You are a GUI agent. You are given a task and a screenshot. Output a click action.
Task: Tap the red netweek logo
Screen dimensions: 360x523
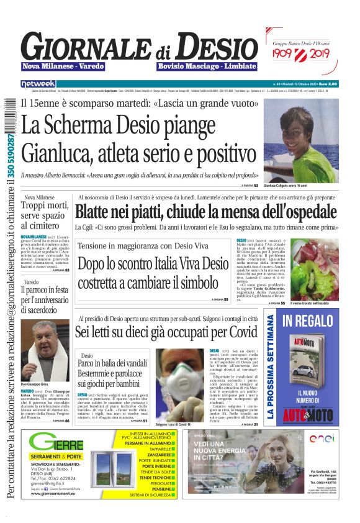coord(38,83)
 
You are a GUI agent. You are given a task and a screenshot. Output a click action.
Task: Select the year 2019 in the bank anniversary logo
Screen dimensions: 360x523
coord(317,55)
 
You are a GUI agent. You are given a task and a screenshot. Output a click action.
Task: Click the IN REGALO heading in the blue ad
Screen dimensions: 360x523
coord(308,322)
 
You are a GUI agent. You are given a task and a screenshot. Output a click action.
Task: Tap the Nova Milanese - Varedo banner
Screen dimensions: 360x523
coord(63,66)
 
